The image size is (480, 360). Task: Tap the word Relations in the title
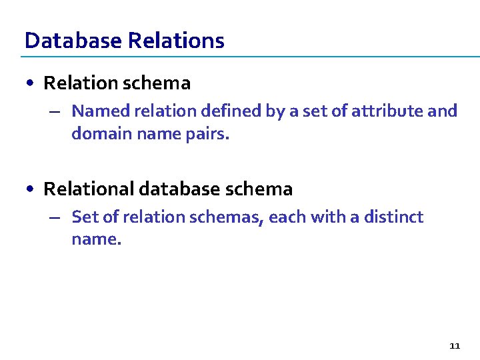(176, 41)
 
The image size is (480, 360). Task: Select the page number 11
(455, 345)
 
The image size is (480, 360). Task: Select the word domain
(101, 133)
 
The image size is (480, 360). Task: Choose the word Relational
(89, 189)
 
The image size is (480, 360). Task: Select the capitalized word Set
(83, 217)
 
